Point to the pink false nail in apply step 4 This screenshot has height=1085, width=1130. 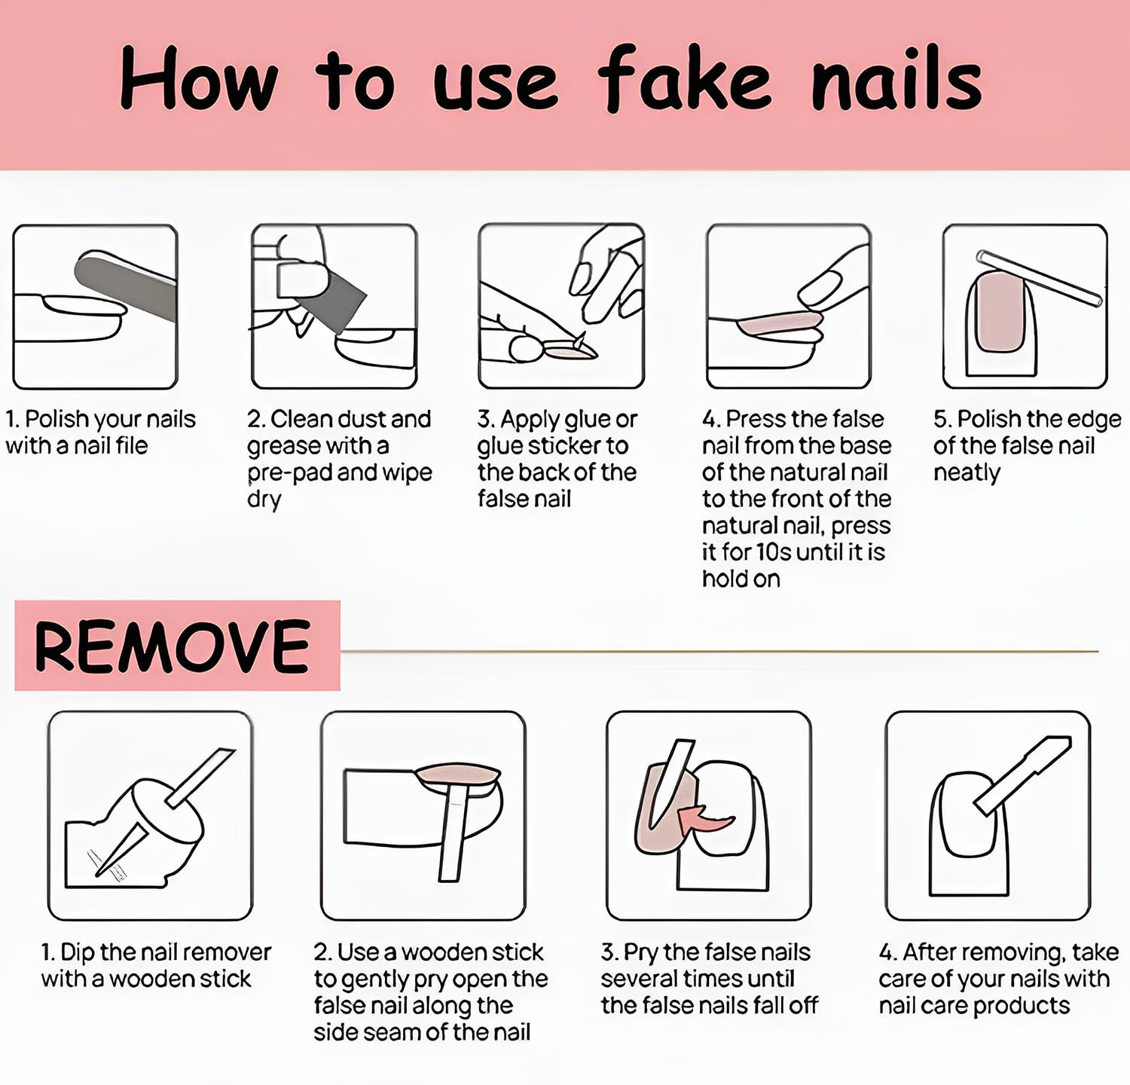[780, 322]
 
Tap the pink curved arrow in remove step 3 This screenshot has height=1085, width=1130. [705, 818]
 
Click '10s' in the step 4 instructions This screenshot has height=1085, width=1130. [774, 552]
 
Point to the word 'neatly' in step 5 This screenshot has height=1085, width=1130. [967, 472]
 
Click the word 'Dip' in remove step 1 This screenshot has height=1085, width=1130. [77, 953]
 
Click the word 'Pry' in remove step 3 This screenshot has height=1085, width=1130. [640, 953]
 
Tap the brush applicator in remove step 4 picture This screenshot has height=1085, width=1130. [1022, 776]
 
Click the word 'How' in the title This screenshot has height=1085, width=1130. [199, 78]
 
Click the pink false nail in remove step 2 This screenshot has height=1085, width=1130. [457, 775]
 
